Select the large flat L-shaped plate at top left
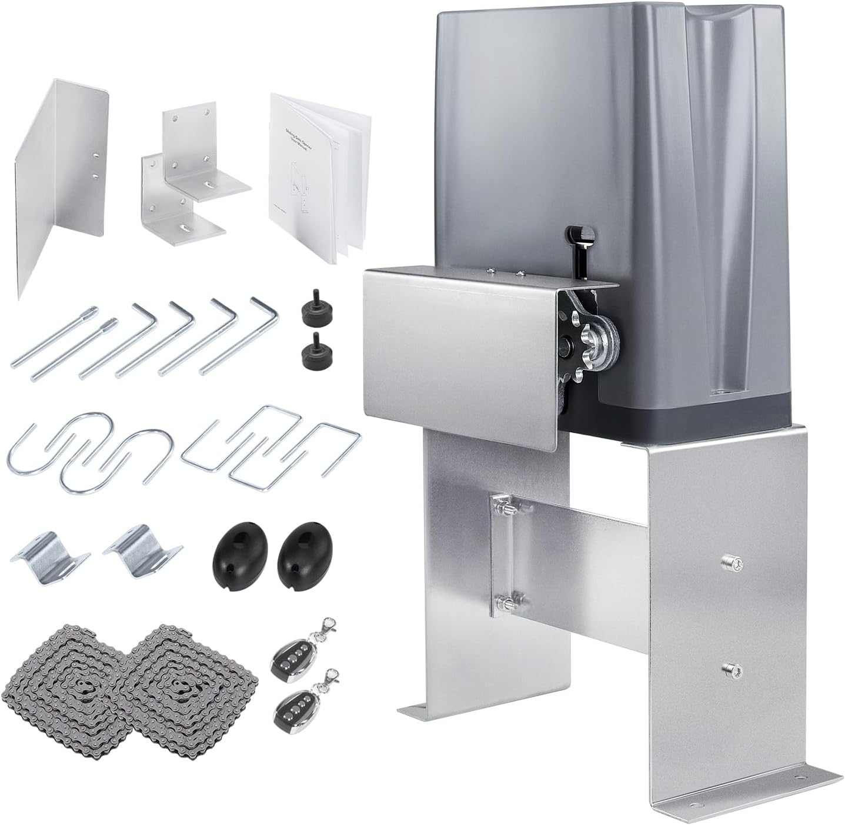point(62,188)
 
